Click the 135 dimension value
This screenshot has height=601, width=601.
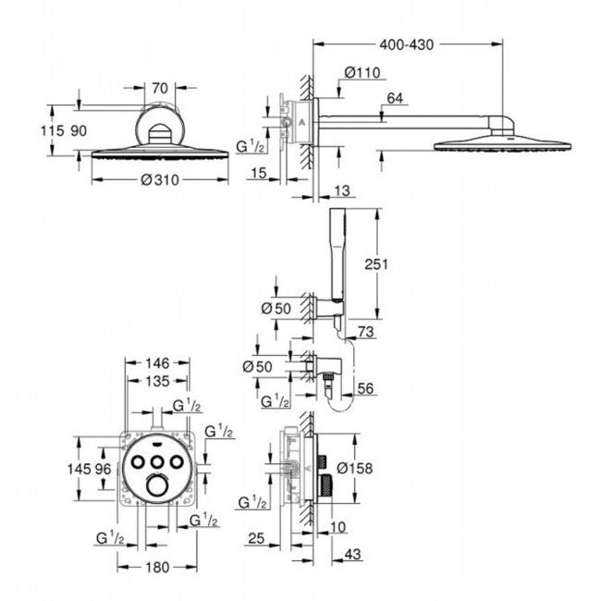pyautogui.click(x=155, y=381)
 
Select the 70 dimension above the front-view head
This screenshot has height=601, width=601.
pyautogui.click(x=158, y=89)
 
